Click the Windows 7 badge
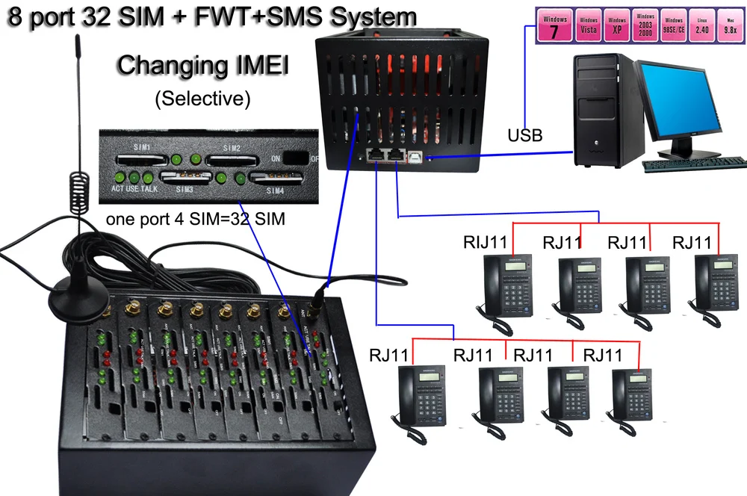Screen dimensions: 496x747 click(554, 26)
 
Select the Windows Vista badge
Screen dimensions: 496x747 click(590, 28)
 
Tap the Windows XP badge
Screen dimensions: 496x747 click(617, 28)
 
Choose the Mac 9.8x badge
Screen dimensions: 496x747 click(730, 28)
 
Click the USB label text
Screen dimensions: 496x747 click(525, 137)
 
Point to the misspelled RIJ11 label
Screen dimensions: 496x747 click(487, 241)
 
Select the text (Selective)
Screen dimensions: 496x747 click(202, 98)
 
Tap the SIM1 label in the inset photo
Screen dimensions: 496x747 click(141, 148)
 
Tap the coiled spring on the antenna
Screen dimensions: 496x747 click(78, 187)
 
